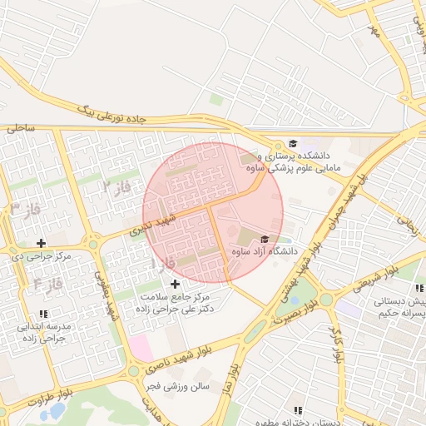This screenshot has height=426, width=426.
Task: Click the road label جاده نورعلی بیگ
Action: [x=111, y=114]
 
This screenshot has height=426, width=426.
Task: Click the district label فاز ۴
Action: [x=49, y=285]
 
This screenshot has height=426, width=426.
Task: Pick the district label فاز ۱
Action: [x=162, y=265]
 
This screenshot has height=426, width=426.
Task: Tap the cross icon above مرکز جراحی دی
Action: [x=42, y=243]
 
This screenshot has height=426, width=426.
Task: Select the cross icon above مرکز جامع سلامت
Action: [x=175, y=284]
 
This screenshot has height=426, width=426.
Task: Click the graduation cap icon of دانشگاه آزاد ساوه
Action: [x=276, y=240]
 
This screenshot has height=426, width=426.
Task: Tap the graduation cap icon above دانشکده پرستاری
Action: [x=292, y=144]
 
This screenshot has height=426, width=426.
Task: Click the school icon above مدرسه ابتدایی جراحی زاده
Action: [x=42, y=314]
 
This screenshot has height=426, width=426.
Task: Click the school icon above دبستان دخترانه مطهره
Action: [x=298, y=410]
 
